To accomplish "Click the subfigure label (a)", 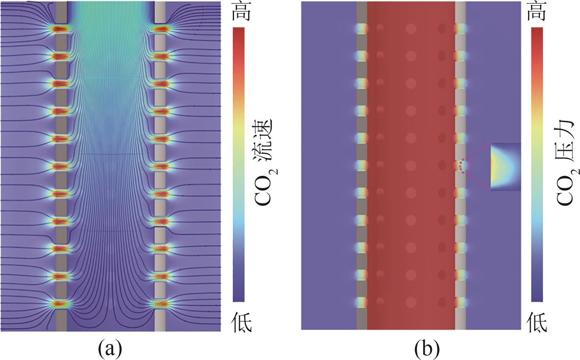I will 110,349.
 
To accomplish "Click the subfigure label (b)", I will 427,349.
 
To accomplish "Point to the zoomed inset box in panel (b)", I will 506,167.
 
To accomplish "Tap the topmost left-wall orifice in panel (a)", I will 61,29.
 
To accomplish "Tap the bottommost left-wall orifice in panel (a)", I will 61,304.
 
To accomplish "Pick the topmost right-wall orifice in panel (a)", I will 160,29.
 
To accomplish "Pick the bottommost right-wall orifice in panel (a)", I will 160,304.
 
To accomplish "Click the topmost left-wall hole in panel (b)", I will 362,29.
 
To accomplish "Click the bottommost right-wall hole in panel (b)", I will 460,302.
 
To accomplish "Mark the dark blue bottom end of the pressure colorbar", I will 537,297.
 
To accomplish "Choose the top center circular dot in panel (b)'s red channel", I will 411,29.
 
